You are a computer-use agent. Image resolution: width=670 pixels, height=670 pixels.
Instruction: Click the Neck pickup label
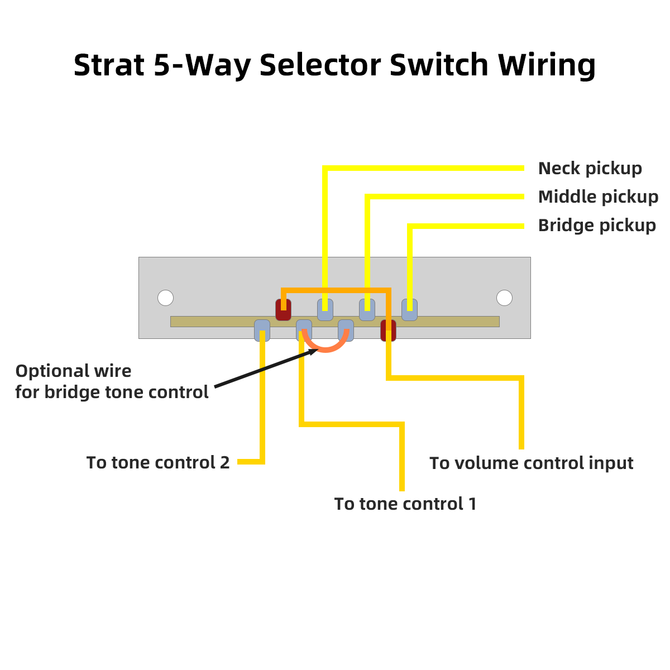point(590,168)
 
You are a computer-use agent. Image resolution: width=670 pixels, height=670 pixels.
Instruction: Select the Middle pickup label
point(598,197)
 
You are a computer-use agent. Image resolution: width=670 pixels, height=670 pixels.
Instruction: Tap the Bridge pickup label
point(597,225)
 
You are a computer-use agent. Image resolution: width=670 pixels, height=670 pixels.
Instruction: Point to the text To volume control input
point(531,463)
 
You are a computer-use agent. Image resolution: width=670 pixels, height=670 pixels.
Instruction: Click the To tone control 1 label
point(405,504)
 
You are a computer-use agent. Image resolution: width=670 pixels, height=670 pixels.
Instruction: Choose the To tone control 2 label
point(158,462)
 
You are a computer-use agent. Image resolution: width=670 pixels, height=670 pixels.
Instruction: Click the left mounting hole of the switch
point(165,298)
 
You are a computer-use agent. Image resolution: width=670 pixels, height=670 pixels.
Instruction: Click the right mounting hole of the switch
point(504,298)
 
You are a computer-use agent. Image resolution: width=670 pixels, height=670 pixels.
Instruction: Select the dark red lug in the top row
point(283,310)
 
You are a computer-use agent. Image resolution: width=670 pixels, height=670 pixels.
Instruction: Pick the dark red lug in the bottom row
point(388,331)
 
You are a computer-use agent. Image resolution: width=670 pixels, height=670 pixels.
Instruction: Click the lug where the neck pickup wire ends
point(325,310)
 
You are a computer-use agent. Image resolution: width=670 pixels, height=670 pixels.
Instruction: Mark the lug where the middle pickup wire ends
point(367,310)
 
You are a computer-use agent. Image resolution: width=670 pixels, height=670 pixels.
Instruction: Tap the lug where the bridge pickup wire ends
point(409,310)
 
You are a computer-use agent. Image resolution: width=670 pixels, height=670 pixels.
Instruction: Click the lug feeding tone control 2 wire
point(262,331)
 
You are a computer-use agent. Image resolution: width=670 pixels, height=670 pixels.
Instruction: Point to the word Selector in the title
point(320,65)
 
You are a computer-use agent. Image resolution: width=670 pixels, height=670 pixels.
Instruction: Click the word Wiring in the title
point(547,65)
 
